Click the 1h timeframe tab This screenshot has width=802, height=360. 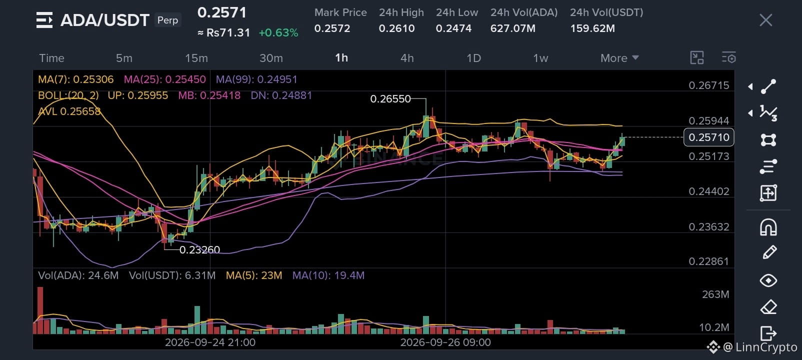tap(341, 58)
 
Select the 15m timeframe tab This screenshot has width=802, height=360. tap(196, 58)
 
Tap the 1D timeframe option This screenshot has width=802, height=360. tap(473, 58)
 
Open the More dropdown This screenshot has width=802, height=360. tap(619, 58)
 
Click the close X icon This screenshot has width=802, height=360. tap(766, 20)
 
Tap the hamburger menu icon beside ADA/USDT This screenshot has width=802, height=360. tap(44, 20)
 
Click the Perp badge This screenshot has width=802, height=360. tap(167, 20)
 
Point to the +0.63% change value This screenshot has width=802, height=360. tap(278, 33)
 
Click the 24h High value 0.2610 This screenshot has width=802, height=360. tap(396, 28)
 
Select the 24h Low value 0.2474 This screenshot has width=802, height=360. tap(453, 28)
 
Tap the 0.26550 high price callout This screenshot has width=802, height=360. tap(390, 99)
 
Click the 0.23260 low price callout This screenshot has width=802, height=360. tap(199, 249)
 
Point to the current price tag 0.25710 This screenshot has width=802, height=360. tap(708, 137)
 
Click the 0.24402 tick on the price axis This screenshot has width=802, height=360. tap(708, 191)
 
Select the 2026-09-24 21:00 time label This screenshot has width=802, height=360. tap(210, 342)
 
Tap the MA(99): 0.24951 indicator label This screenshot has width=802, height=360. tap(256, 79)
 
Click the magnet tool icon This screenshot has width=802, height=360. tap(768, 227)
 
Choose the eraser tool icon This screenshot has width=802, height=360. tap(768, 307)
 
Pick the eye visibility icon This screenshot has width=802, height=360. tap(768, 280)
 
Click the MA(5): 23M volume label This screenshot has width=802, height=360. tap(254, 275)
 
